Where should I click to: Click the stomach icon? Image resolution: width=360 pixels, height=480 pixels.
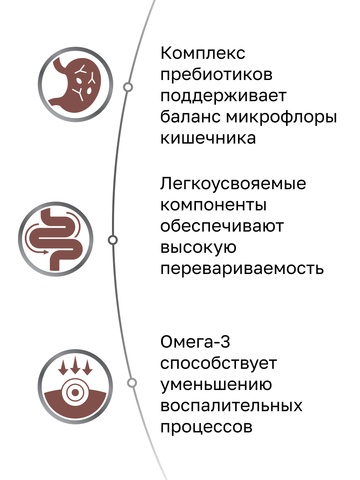(76, 84)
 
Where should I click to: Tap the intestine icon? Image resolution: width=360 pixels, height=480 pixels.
(56, 239)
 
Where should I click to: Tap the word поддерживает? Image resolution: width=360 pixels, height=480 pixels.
(223, 97)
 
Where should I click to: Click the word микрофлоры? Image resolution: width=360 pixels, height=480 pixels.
(281, 118)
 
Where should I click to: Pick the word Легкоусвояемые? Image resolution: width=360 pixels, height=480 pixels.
(233, 184)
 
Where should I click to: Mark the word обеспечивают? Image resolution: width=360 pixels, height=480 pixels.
(222, 226)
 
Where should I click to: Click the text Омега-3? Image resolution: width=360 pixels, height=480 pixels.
(196, 343)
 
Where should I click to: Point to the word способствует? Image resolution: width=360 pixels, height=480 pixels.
(219, 364)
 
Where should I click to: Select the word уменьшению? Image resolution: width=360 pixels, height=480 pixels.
(216, 385)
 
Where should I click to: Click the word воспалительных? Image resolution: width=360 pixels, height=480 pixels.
(231, 406)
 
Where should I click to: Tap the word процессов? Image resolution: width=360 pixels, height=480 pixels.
(206, 427)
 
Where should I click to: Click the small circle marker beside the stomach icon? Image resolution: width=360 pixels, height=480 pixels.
(128, 87)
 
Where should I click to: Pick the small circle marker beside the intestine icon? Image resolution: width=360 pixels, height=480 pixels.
(113, 240)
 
